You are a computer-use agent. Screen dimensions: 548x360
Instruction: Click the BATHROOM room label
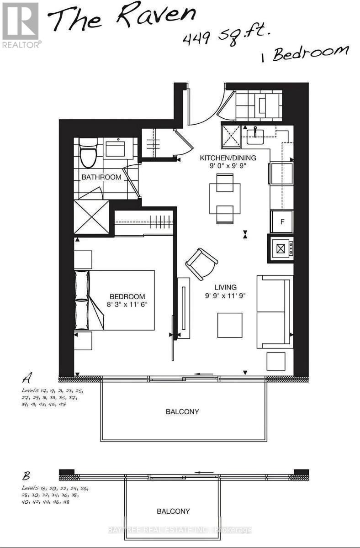tap(101, 177)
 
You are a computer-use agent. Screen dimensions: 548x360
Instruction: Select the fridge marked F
tap(281, 222)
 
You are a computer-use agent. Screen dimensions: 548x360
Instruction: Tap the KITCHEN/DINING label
tap(228, 158)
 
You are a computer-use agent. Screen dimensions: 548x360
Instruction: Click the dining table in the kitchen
tap(224, 198)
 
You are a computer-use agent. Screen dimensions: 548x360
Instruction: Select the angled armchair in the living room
tap(201, 263)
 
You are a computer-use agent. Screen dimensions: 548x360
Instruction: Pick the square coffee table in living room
tap(230, 325)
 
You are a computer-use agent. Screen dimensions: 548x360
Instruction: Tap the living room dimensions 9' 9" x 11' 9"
tap(226, 296)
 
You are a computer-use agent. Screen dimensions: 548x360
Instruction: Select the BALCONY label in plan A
tap(182, 411)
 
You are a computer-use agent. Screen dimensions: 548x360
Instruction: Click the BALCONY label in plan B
tap(173, 511)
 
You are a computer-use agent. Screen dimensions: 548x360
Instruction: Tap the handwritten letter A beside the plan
tap(28, 378)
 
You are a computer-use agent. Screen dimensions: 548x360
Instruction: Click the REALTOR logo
tap(21, 25)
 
